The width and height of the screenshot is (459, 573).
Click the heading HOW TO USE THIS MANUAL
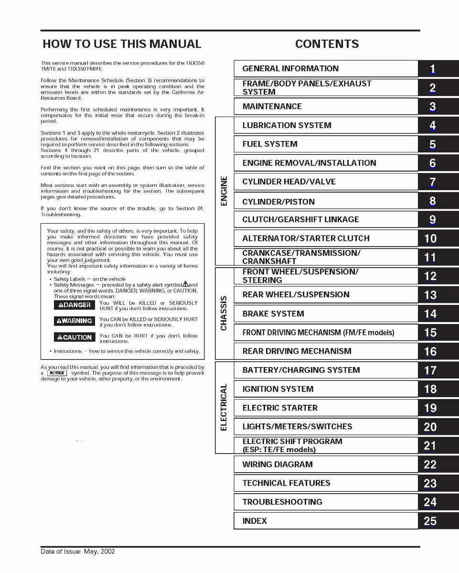pos(122,44)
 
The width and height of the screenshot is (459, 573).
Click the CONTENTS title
pos(327,44)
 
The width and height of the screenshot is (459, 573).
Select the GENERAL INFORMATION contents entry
pos(290,69)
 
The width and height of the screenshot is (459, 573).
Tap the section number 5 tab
pos(432,144)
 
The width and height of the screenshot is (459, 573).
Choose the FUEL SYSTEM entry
pos(270,144)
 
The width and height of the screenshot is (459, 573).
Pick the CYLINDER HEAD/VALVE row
pos(289,182)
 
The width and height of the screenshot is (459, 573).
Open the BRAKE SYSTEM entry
pos(273,314)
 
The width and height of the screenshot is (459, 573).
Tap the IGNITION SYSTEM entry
pos(278,389)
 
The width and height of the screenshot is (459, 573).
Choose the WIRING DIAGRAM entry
pos(278,464)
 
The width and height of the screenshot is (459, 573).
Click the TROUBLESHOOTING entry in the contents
pos(282,502)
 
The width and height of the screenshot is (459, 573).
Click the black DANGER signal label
pos(75,305)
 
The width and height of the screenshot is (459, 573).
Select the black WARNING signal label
pos(75,321)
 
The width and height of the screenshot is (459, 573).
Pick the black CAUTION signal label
pos(75,337)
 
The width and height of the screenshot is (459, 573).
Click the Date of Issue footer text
pos(78,551)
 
